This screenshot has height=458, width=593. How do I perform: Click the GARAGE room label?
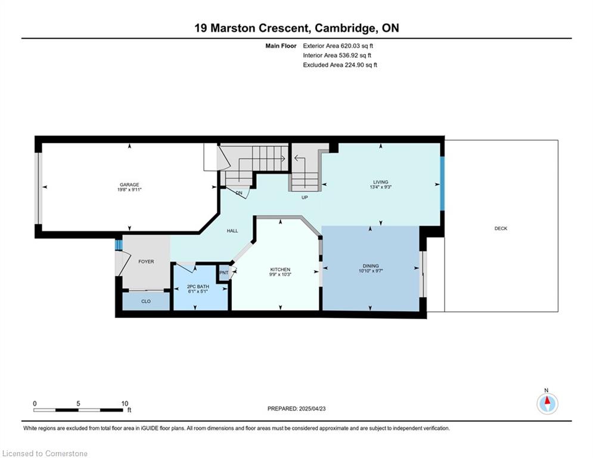pyautogui.click(x=129, y=185)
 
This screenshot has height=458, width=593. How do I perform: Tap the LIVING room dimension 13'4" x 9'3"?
pyautogui.click(x=380, y=187)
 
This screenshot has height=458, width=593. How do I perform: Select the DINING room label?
pyautogui.click(x=370, y=266)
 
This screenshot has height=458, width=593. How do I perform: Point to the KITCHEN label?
pyautogui.click(x=280, y=270)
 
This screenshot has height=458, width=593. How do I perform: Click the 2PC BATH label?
pyautogui.click(x=198, y=286)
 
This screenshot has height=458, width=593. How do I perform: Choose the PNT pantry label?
pyautogui.click(x=224, y=273)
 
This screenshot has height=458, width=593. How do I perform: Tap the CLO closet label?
pyautogui.click(x=146, y=301)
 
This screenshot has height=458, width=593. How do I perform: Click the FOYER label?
pyautogui.click(x=146, y=262)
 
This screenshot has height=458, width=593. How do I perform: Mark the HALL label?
pyautogui.click(x=232, y=231)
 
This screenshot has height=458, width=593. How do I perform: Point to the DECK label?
pyautogui.click(x=501, y=228)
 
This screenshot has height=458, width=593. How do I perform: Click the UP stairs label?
pyautogui.click(x=305, y=197)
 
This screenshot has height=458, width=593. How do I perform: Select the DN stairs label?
pyautogui.click(x=239, y=193)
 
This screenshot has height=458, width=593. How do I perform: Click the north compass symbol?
pyautogui.click(x=547, y=404)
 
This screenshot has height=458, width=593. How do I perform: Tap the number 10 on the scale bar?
pyautogui.click(x=125, y=404)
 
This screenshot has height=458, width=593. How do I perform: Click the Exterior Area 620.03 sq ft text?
pyautogui.click(x=338, y=46)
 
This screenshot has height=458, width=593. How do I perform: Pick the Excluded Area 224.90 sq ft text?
pyautogui.click(x=340, y=65)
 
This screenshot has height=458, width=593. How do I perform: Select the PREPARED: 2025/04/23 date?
pyautogui.click(x=297, y=409)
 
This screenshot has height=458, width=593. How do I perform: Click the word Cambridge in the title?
pyautogui.click(x=345, y=28)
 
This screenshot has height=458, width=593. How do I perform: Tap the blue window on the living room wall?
pyautogui.click(x=442, y=183)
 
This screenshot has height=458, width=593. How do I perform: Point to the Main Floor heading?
pyautogui.click(x=281, y=46)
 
